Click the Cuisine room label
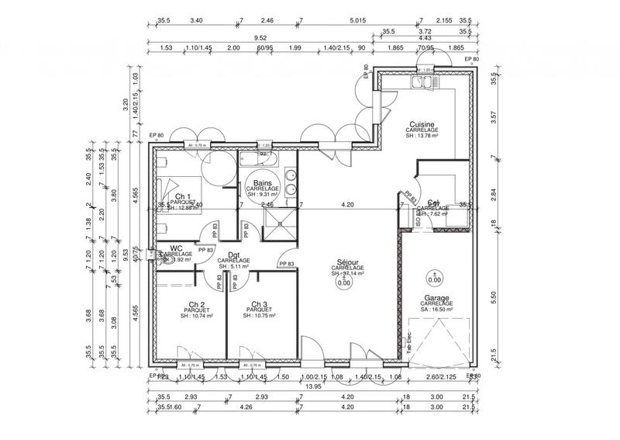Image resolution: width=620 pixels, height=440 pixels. coord(422,123)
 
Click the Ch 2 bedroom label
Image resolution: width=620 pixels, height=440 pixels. coord(196,304)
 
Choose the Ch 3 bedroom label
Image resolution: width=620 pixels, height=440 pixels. coord(260,304)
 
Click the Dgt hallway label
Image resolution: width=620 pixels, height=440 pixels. coord(233,255)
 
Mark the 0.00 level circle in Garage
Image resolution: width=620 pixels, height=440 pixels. coord(434,279)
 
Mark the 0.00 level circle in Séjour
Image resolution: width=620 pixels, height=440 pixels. coord(342,282)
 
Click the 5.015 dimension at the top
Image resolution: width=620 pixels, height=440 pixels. coord(357,22)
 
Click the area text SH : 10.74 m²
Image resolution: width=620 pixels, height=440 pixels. coord(196,317)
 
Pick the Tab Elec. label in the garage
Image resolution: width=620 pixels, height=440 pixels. coord(409,343)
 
